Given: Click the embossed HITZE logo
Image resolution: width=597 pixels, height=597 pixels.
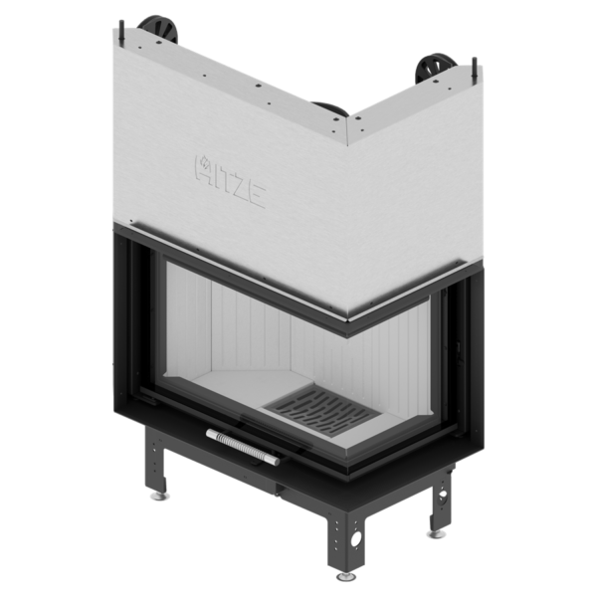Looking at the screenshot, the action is [230, 180].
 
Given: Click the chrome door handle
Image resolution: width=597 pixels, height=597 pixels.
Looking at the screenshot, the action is [243, 447].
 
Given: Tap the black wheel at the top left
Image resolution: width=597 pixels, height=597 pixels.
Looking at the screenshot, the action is [160, 29].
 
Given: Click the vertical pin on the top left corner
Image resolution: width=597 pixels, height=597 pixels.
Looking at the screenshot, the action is [123, 32].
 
